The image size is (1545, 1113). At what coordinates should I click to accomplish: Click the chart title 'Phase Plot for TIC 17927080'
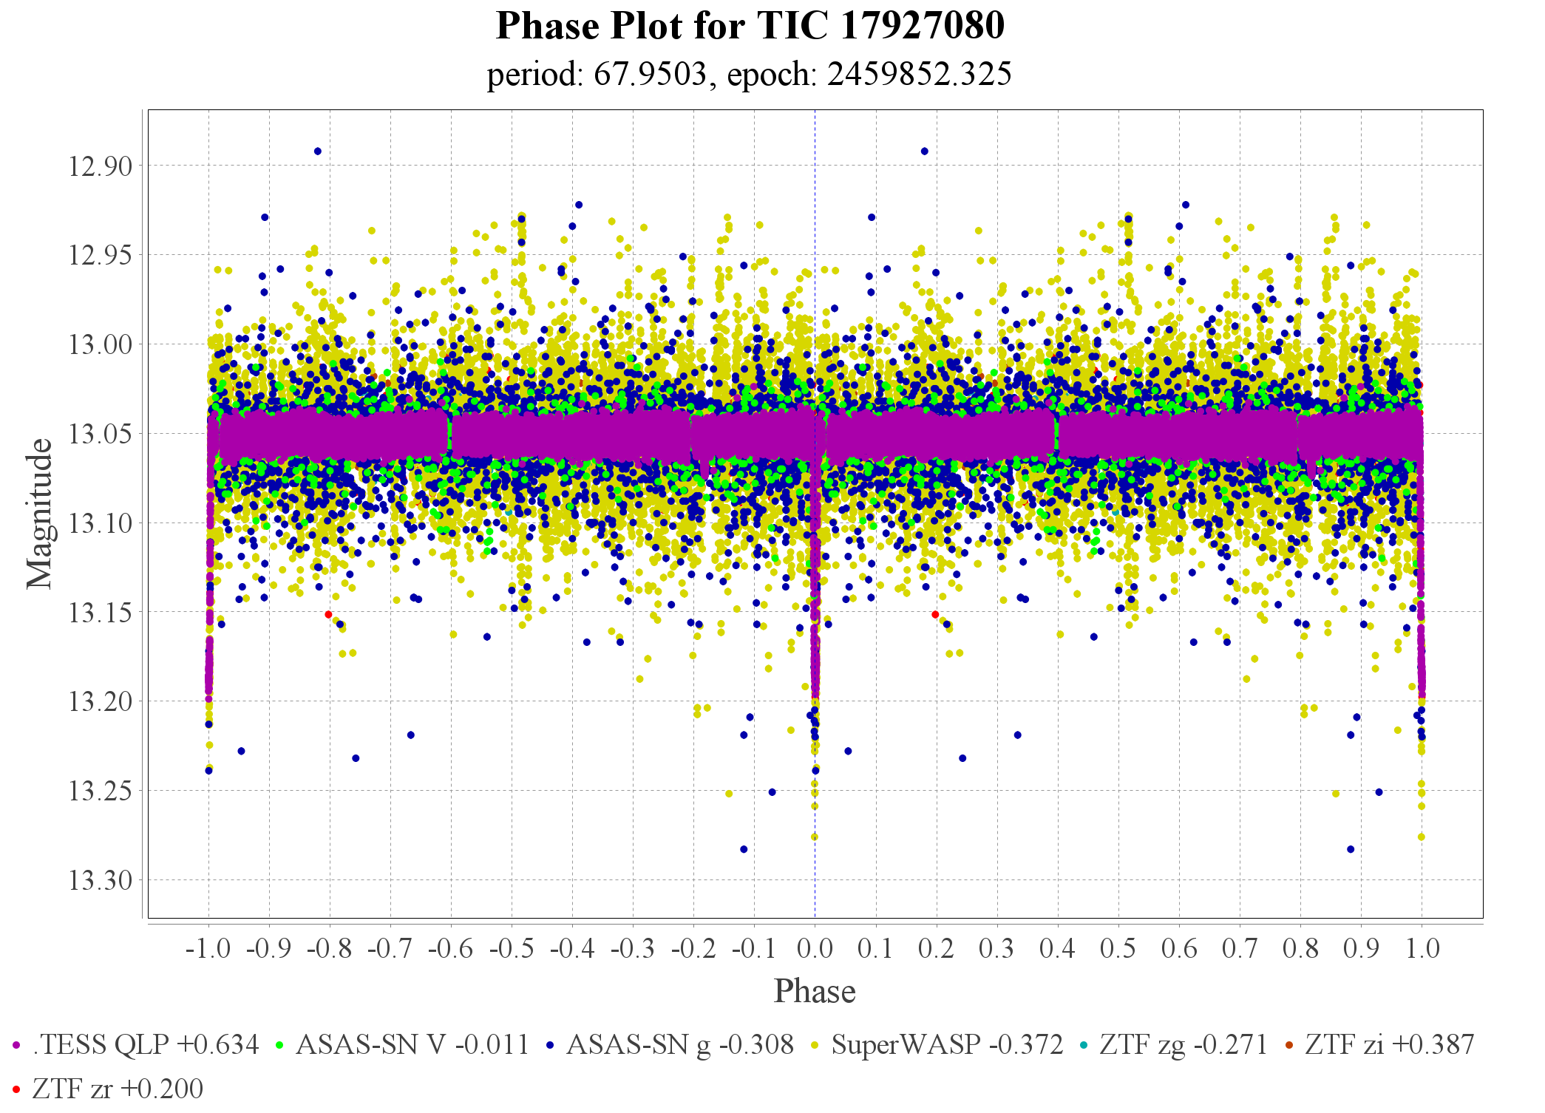click(x=750, y=26)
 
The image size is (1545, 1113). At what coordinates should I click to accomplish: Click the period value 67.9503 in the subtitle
click(x=650, y=75)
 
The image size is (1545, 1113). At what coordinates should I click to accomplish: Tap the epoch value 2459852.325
click(x=919, y=75)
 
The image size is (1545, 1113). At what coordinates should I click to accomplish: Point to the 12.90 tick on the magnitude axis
click(x=101, y=166)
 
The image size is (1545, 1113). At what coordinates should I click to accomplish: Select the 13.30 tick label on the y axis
click(x=101, y=880)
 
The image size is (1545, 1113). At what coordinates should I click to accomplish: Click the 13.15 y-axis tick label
click(x=101, y=613)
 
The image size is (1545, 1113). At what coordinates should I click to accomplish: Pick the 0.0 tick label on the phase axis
click(x=815, y=948)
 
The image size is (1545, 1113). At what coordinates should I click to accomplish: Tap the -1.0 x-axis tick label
click(x=208, y=948)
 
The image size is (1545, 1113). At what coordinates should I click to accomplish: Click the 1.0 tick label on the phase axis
click(x=1422, y=948)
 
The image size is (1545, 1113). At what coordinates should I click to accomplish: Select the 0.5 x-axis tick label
click(x=1118, y=948)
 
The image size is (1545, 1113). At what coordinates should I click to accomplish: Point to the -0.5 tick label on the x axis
click(x=511, y=948)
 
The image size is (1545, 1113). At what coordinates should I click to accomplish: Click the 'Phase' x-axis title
click(x=815, y=991)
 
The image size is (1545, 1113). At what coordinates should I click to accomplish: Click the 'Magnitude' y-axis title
click(x=40, y=514)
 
